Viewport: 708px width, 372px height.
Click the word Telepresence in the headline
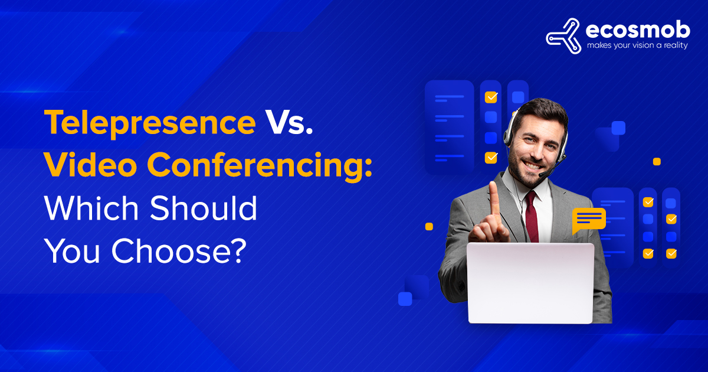[x=150, y=123]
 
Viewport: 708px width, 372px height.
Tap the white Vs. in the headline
[x=289, y=122]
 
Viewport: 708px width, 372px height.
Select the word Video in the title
[x=91, y=165]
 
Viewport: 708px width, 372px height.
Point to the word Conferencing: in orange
[x=260, y=167]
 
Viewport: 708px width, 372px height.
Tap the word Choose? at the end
[x=179, y=251]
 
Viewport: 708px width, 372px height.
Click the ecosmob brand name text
[x=638, y=31]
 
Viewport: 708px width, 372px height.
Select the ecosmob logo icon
[x=564, y=36]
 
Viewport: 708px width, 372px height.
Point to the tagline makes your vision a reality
[x=637, y=45]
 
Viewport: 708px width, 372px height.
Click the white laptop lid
[x=530, y=283]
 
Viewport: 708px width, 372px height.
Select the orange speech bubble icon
[x=589, y=220]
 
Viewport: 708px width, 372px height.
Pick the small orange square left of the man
[x=429, y=227]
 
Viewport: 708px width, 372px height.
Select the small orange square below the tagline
[x=657, y=162]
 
